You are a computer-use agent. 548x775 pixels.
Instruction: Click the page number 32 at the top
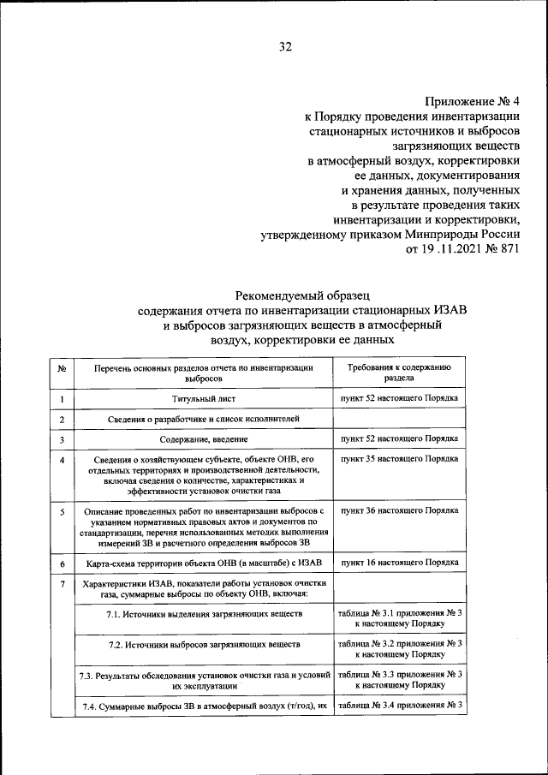tap(285, 47)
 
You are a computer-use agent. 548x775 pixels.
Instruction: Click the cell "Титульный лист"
tap(203, 398)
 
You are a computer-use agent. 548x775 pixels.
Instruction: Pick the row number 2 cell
tap(63, 420)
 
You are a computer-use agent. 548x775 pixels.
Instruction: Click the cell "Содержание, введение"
tap(203, 440)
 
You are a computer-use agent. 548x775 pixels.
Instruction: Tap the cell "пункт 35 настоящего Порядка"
tap(400, 459)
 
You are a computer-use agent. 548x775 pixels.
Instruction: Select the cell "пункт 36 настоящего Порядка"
tap(400, 510)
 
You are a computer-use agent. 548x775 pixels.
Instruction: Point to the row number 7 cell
tap(63, 584)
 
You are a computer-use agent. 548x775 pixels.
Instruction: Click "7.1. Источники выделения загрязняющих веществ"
tap(203, 615)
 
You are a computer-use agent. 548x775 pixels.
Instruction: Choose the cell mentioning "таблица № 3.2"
tap(400, 648)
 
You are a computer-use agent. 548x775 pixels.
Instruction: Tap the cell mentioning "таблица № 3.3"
tap(400, 680)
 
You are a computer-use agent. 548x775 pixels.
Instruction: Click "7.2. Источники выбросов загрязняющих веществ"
tap(203, 643)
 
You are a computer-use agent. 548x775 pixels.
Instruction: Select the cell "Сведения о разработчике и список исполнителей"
tap(203, 420)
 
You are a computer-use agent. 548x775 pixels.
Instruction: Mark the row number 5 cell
tap(63, 511)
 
